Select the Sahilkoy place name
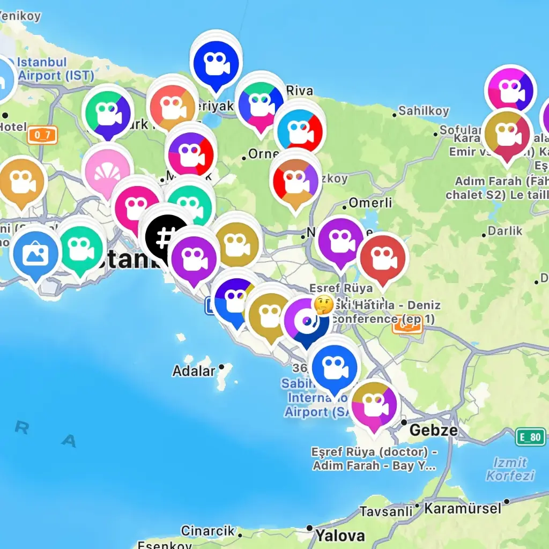(424, 111)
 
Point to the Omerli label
(370, 203)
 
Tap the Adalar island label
(194, 370)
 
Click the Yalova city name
(340, 535)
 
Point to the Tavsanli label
(386, 511)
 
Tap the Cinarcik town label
(207, 531)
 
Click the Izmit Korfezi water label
(510, 469)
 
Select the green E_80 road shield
(530, 437)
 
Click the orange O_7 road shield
(42, 135)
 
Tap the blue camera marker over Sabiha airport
(335, 368)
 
